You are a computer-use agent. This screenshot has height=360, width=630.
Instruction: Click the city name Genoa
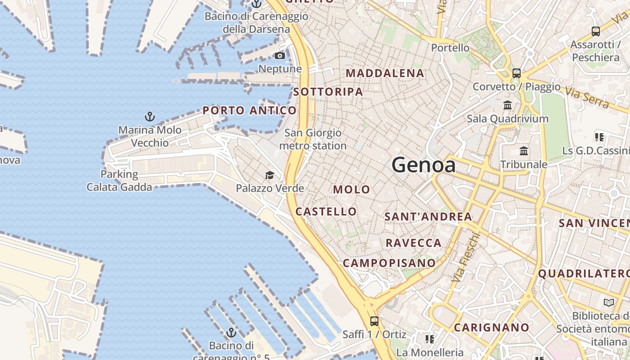[x=423, y=165]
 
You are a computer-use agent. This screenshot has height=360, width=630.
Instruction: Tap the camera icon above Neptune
[x=280, y=56]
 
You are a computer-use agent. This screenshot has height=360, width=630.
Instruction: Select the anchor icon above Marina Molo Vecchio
[x=150, y=117]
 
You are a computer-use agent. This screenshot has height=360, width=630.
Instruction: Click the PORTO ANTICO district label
[x=250, y=110]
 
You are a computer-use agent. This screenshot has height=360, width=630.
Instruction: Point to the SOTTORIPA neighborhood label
[x=328, y=92]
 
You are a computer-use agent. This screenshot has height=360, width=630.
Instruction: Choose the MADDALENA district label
[x=385, y=73]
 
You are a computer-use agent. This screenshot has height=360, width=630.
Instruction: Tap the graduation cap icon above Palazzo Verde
[x=270, y=175]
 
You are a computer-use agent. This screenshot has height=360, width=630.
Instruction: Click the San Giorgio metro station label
[x=313, y=139]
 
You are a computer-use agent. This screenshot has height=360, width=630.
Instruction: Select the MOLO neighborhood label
[x=351, y=189]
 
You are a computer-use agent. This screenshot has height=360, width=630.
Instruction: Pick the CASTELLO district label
[x=326, y=211]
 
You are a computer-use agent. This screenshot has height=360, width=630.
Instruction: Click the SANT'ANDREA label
[x=428, y=216]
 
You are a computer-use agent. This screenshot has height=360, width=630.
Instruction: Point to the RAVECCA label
[x=414, y=243]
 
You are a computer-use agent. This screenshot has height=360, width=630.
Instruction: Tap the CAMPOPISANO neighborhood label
[x=389, y=263]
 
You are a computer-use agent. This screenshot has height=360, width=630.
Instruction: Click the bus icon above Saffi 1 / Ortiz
[x=374, y=321]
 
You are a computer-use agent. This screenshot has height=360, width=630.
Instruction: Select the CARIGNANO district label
[x=491, y=328]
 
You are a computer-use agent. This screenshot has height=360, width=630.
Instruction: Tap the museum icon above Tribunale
[x=524, y=151]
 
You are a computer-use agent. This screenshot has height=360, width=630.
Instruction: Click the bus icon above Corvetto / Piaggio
[x=517, y=73]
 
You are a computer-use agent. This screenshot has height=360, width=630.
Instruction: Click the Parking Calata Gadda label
[x=119, y=180]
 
